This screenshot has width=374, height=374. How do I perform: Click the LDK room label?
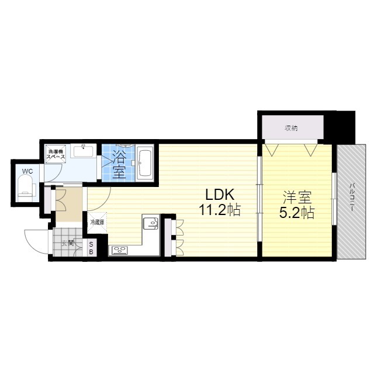[x=220, y=195]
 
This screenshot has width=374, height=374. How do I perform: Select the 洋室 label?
[x=297, y=198]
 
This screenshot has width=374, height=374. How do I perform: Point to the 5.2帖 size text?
[x=297, y=213]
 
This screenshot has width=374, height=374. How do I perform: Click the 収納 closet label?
[x=291, y=129]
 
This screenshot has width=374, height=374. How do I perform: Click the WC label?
[x=27, y=171]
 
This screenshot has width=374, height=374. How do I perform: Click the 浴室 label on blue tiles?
[x=119, y=164]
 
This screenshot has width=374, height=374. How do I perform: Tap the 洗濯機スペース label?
[x=56, y=154]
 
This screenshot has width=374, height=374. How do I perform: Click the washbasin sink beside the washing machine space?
[x=83, y=151]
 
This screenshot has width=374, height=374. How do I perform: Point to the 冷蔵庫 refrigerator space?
[x=98, y=223]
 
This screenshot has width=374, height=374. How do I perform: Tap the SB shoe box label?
[x=91, y=248]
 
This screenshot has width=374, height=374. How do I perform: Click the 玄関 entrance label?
[x=67, y=244]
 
